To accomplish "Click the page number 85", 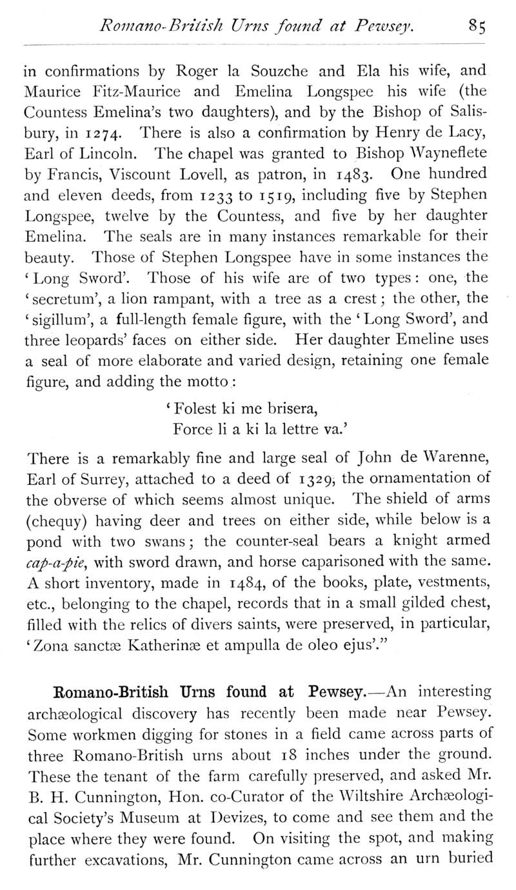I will tap(478, 27).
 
